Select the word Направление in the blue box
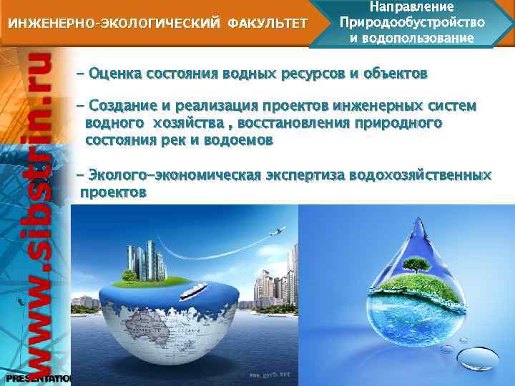coord(412,7)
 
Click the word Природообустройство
coord(412,21)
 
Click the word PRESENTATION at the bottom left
coord(36,377)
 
